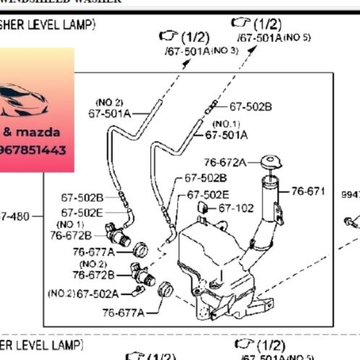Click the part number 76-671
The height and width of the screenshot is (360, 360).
click(308, 192)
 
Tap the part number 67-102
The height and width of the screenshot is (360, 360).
click(236, 208)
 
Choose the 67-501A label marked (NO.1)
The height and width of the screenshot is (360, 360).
click(226, 134)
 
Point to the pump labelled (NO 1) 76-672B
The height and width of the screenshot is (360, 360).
click(119, 236)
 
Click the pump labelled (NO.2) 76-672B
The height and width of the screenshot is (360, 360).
click(142, 275)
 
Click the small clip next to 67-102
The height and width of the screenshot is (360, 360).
click(203, 209)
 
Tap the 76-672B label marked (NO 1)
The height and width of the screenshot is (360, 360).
click(71, 234)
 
